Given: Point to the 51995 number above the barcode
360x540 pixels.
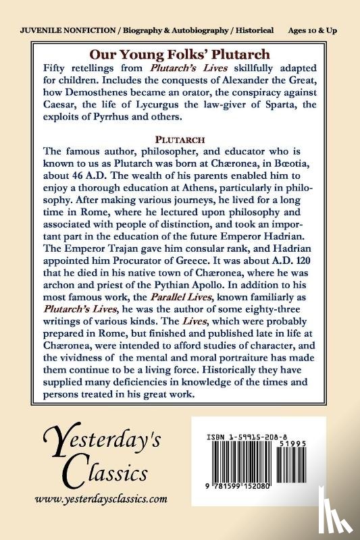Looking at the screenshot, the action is tap(305, 437).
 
